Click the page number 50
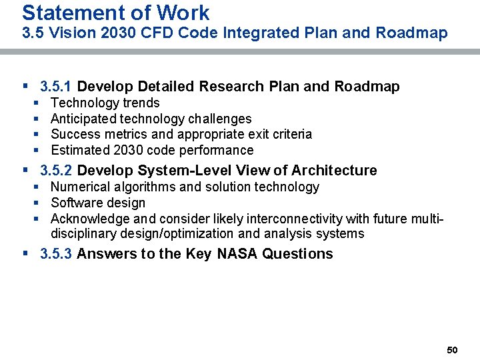[x=452, y=350]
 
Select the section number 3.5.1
[x=57, y=87]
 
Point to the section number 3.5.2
[x=57, y=171]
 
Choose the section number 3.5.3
[x=57, y=254]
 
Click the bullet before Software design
[x=37, y=203]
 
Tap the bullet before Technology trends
[x=37, y=103]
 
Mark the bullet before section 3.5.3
[x=25, y=254]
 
